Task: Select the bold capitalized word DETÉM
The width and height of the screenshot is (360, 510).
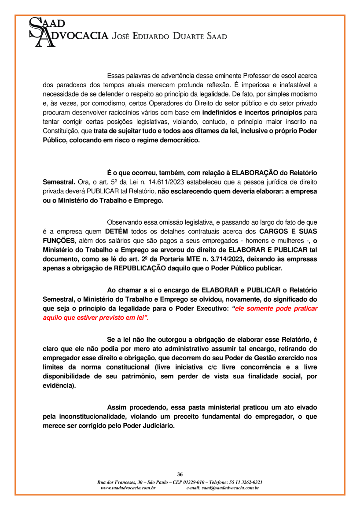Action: (118, 231)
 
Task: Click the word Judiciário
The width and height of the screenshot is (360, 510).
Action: (156, 426)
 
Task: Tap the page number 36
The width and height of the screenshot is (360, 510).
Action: (180, 474)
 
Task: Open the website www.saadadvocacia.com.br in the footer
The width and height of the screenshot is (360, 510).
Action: (128, 488)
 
